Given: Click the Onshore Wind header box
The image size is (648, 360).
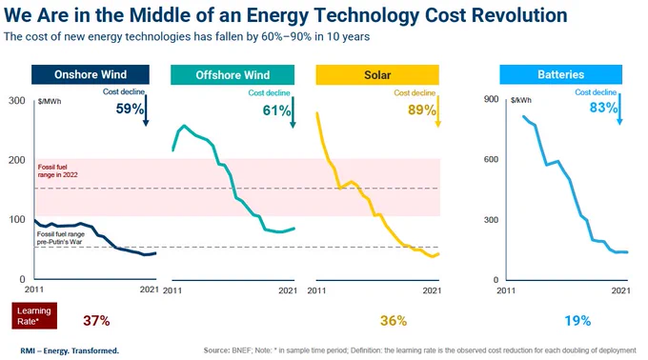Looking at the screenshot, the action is point(91,74).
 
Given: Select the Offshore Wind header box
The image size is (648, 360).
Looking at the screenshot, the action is point(233,74).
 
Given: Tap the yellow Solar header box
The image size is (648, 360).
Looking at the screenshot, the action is point(377,74).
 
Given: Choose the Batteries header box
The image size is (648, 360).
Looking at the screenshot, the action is point(560,74).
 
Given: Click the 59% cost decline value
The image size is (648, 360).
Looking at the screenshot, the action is point(130,109).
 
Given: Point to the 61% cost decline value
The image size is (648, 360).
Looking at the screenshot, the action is point(276,110).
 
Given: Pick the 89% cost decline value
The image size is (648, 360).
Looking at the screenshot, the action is point(421,110).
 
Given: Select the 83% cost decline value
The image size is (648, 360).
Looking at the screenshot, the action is point(603,108).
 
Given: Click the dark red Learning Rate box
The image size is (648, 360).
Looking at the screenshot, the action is point(34,316).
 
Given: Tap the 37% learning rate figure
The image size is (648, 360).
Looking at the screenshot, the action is point(96,320).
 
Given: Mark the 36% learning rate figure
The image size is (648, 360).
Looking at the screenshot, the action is point(394,320).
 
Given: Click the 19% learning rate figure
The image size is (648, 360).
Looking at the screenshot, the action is point(577,320).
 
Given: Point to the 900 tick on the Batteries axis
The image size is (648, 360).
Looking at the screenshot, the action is point(492,99).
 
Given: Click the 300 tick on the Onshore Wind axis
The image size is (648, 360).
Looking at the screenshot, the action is point(17,101).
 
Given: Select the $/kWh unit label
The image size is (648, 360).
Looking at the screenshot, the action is point(521,100).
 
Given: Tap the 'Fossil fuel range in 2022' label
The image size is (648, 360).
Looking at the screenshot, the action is point(58,170).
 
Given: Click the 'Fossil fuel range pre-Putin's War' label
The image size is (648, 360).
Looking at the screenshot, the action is point(60,238).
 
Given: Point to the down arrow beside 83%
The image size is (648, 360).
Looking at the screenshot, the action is point(619,110).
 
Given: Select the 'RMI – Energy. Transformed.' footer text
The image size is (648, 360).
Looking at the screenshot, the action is point(70,350).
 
